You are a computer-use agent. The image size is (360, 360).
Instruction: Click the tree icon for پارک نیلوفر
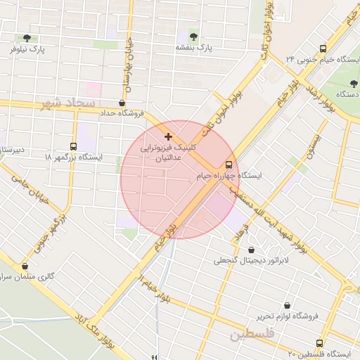point(27,38)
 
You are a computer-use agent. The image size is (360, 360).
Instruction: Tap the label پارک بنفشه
point(194,48)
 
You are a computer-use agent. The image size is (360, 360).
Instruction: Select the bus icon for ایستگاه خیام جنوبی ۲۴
point(323,49)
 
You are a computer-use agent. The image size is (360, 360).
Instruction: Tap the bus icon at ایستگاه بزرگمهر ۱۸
point(74,146)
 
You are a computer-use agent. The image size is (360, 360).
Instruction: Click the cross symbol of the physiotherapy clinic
point(167,136)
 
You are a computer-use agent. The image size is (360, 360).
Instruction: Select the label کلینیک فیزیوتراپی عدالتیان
point(168,153)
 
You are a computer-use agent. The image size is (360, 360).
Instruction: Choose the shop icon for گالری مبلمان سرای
point(26,266)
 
